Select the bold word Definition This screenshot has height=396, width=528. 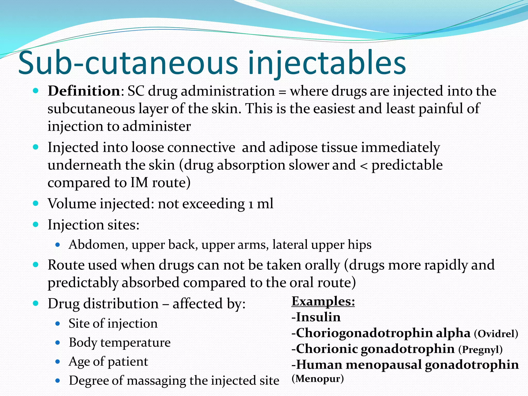pyautogui.click(x=84, y=91)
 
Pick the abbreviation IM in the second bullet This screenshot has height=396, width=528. pyautogui.click(x=139, y=183)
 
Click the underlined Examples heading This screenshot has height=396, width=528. pyautogui.click(x=323, y=301)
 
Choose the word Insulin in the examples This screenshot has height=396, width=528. pyautogui.click(x=318, y=317)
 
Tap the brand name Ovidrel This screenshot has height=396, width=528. pyautogui.click(x=496, y=334)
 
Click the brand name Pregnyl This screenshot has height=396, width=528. pyautogui.click(x=480, y=350)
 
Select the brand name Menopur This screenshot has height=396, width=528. pyautogui.click(x=318, y=378)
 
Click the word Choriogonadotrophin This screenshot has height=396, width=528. pyautogui.click(x=364, y=333)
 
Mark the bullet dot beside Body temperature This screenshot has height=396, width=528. pyautogui.click(x=58, y=343)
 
